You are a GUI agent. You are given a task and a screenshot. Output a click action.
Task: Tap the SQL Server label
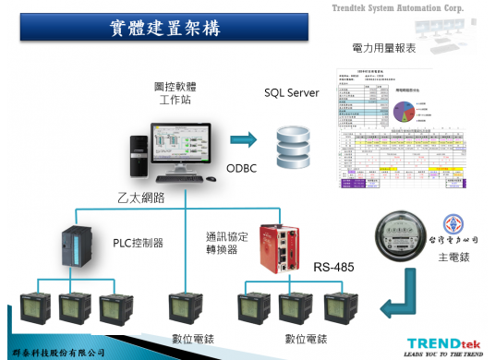click(291, 93)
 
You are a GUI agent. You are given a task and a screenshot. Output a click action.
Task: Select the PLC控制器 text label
click(138, 243)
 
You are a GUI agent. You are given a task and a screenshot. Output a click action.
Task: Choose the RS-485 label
click(335, 269)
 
